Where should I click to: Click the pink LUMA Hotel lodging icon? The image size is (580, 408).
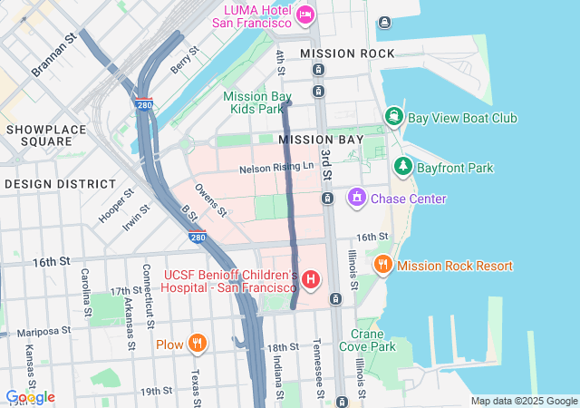[304, 14]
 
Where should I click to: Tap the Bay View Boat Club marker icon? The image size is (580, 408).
[394, 117]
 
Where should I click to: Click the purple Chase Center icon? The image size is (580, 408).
[356, 198]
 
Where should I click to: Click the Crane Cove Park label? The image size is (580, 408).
[368, 339]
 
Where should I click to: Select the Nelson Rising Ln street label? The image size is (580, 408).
[276, 169]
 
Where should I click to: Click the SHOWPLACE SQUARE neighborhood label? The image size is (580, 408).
[45, 135]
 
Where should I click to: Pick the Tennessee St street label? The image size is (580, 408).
[317, 366]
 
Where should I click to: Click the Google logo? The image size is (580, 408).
[30, 397]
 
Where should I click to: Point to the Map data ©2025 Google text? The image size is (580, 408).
[523, 401]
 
